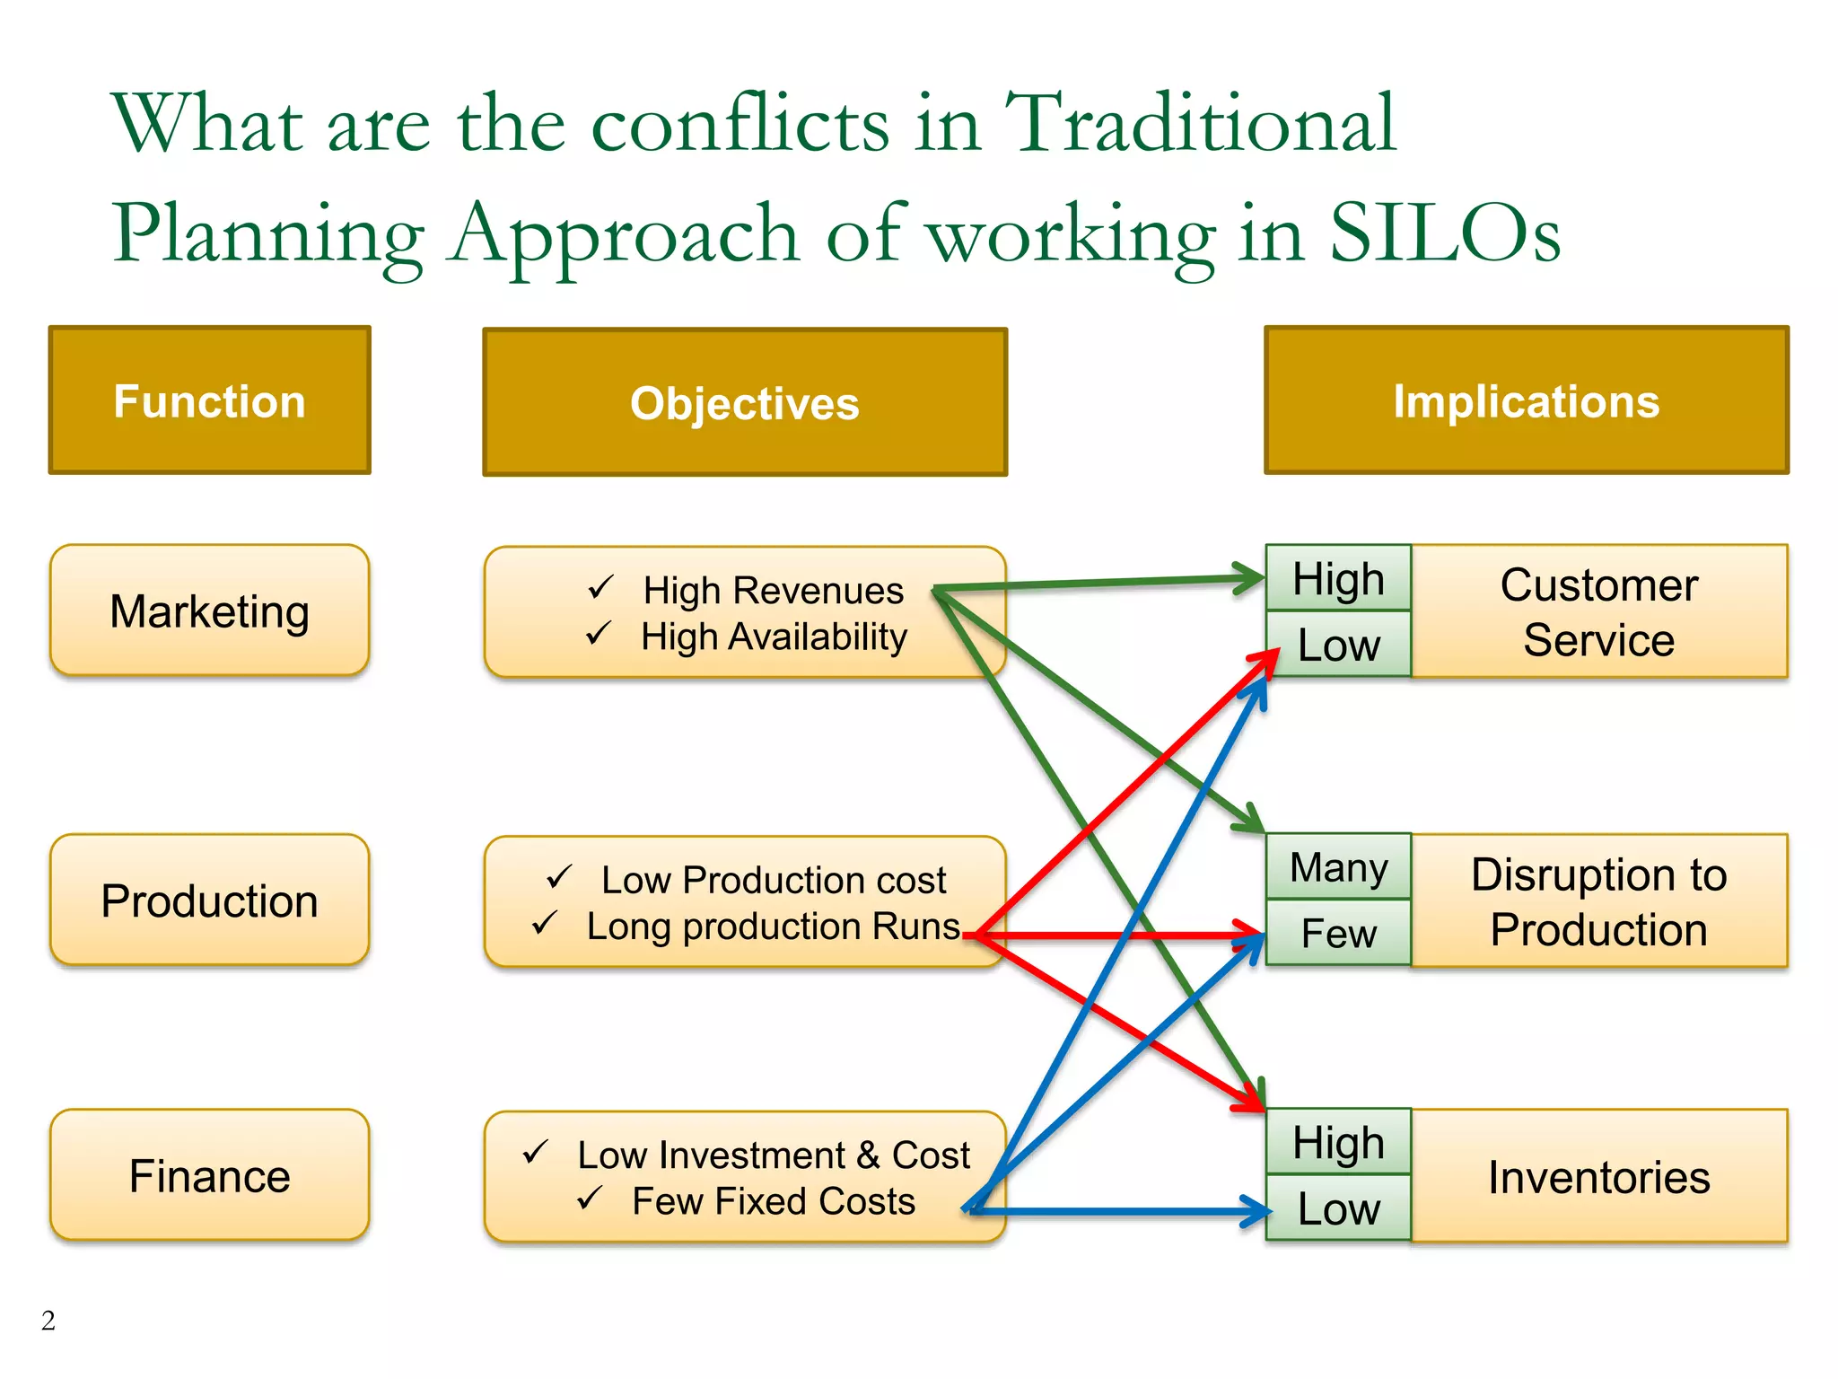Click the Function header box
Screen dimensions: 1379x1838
tap(209, 400)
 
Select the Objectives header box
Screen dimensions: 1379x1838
tap(744, 402)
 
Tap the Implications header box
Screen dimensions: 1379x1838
tap(1526, 400)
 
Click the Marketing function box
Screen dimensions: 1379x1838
tap(209, 610)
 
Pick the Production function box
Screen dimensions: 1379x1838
tap(209, 900)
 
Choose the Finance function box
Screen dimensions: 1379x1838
tap(209, 1175)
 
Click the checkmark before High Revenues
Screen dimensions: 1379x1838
tap(600, 588)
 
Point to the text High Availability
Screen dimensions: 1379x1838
tap(774, 637)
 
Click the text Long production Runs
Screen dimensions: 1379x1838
tap(773, 927)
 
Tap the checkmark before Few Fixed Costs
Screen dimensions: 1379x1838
tap(589, 1198)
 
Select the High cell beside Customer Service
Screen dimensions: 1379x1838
tap(1338, 578)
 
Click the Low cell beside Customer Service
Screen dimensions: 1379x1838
tap(1338, 645)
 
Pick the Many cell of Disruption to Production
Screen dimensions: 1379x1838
tap(1338, 867)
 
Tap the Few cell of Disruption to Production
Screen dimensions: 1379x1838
tap(1338, 934)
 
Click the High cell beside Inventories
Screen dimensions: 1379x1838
tap(1338, 1142)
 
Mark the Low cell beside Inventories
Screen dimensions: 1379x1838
tap(1338, 1208)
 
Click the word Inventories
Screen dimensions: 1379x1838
tap(1598, 1177)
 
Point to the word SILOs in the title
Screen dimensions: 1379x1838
tap(1444, 233)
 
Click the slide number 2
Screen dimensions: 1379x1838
tap(48, 1320)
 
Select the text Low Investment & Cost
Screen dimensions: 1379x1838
tap(773, 1155)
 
